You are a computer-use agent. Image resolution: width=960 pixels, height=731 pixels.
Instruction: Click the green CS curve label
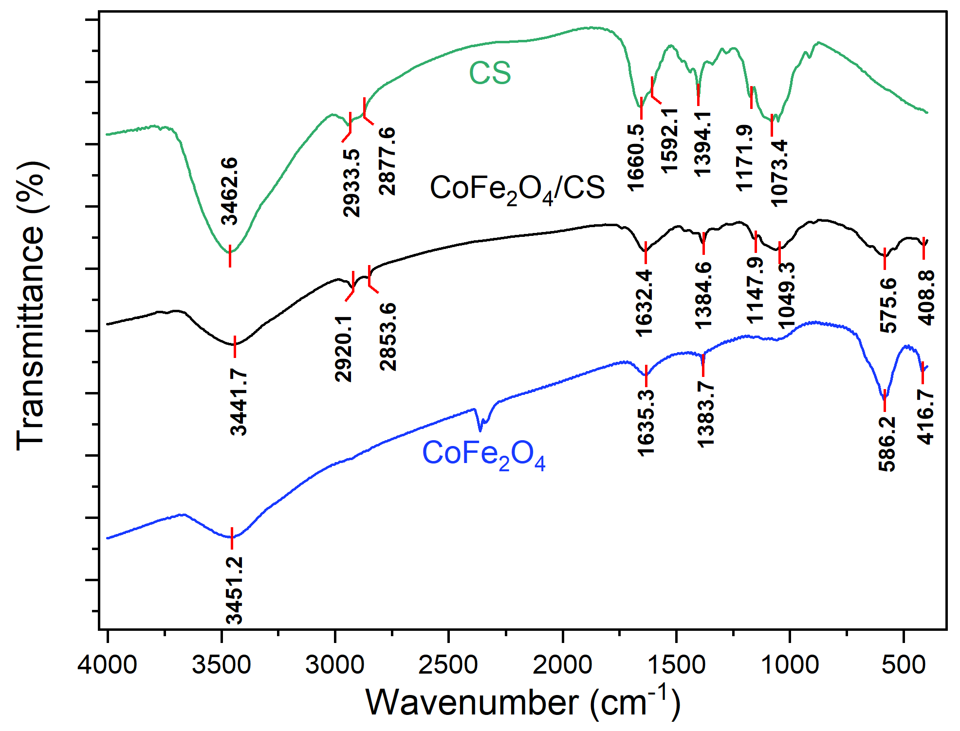490,73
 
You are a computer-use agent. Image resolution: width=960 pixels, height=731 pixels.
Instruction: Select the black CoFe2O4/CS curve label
517,189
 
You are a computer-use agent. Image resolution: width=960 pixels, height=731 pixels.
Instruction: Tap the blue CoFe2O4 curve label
484,454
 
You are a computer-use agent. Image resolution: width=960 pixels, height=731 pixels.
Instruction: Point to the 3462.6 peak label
229,191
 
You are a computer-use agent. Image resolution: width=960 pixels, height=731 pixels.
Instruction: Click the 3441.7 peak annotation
239,402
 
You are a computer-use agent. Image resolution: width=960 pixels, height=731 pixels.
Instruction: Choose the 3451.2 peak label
234,590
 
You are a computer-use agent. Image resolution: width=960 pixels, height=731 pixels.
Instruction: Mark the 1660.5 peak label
636,157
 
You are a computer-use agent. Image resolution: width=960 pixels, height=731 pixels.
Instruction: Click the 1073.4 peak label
779,173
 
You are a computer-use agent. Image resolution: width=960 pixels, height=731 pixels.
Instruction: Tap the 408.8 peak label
926,298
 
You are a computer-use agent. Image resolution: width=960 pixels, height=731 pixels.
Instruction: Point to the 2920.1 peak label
343,348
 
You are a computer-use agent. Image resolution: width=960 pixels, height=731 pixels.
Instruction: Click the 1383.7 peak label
705,414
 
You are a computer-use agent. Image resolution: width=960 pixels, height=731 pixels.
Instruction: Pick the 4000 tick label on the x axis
107,664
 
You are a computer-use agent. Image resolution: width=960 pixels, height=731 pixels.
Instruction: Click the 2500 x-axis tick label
448,664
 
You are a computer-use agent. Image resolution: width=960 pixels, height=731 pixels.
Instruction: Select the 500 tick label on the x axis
904,664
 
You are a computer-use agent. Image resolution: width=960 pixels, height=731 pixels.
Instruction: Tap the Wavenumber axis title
523,702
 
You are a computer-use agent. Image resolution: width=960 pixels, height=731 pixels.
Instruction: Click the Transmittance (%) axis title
31,306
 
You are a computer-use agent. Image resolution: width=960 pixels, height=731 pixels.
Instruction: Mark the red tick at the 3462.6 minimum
230,256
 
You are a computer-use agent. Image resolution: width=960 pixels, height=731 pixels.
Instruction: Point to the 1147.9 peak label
756,290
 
